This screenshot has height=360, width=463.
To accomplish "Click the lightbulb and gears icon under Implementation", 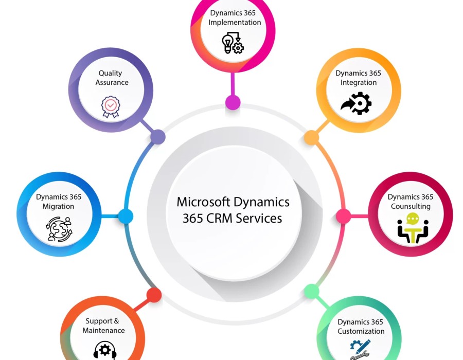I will pyautogui.click(x=233, y=43).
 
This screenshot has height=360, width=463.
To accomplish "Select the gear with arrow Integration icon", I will pyautogui.click(x=356, y=103).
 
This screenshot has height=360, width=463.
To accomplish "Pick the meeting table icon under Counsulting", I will pyautogui.click(x=413, y=228).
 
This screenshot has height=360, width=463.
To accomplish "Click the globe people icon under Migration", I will pyautogui.click(x=59, y=229).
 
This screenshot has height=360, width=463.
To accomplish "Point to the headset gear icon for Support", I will pyautogui.click(x=105, y=350).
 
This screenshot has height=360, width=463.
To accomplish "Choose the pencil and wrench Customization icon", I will pyautogui.click(x=360, y=349).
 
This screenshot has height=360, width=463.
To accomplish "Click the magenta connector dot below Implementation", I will pyautogui.click(x=233, y=102).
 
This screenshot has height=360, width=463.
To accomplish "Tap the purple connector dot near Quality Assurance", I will pyautogui.click(x=157, y=137).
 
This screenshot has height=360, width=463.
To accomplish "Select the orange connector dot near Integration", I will pyautogui.click(x=311, y=137).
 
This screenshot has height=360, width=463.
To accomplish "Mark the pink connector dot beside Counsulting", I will pyautogui.click(x=343, y=216).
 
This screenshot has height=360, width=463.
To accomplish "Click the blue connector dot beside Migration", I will pyautogui.click(x=126, y=216).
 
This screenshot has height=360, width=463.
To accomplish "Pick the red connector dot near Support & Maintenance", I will pyautogui.click(x=154, y=295).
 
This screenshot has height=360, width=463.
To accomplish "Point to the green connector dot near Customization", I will pyautogui.click(x=312, y=292).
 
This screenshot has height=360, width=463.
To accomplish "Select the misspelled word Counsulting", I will pyautogui.click(x=411, y=206).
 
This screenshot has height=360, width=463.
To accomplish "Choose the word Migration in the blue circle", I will pyautogui.click(x=58, y=206).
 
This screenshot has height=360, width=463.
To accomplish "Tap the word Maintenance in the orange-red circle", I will pyautogui.click(x=104, y=330).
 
